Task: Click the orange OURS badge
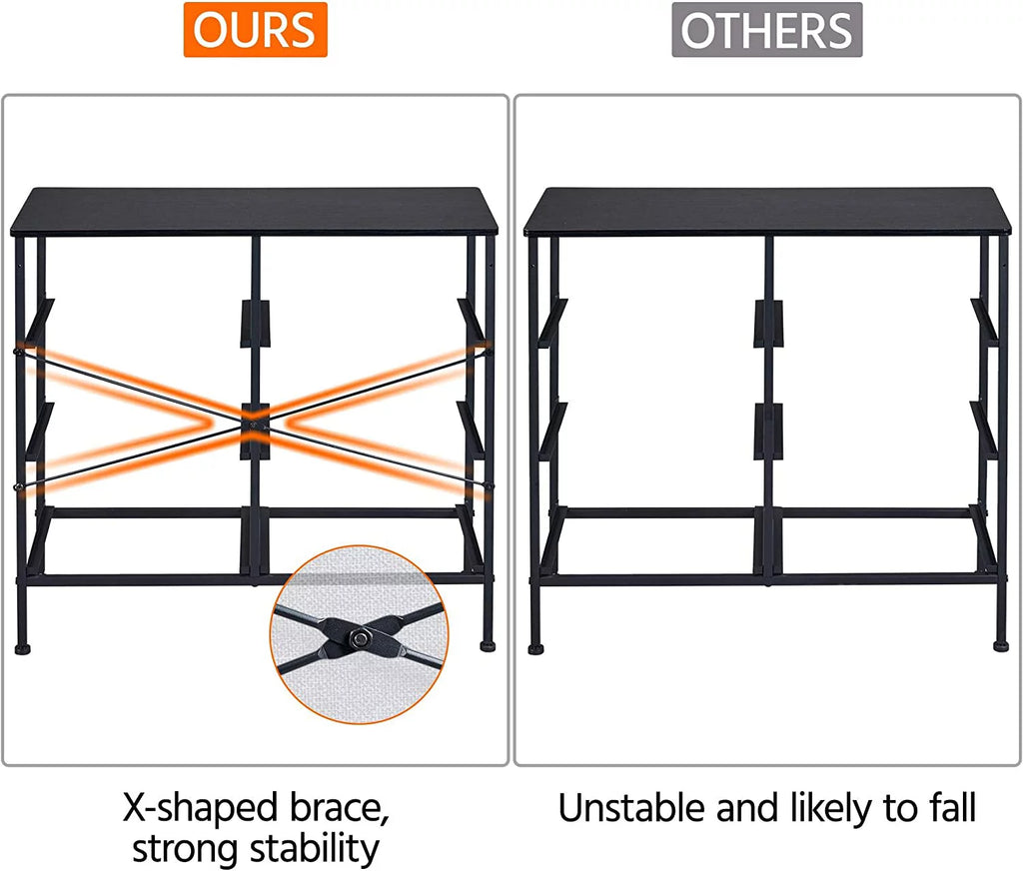click(255, 30)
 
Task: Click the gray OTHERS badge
click(767, 30)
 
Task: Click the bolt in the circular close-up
click(357, 637)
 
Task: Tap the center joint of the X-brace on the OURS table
click(255, 424)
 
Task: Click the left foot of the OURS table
click(23, 649)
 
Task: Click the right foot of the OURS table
click(488, 646)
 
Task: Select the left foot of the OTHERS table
click(536, 649)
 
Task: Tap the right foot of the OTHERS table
click(1001, 646)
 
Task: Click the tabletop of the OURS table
click(255, 212)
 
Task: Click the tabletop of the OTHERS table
click(768, 212)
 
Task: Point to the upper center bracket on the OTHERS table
click(768, 324)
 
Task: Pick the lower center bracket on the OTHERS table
click(768, 432)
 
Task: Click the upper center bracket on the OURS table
click(255, 324)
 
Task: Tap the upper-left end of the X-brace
click(18, 351)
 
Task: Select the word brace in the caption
click(340, 809)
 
